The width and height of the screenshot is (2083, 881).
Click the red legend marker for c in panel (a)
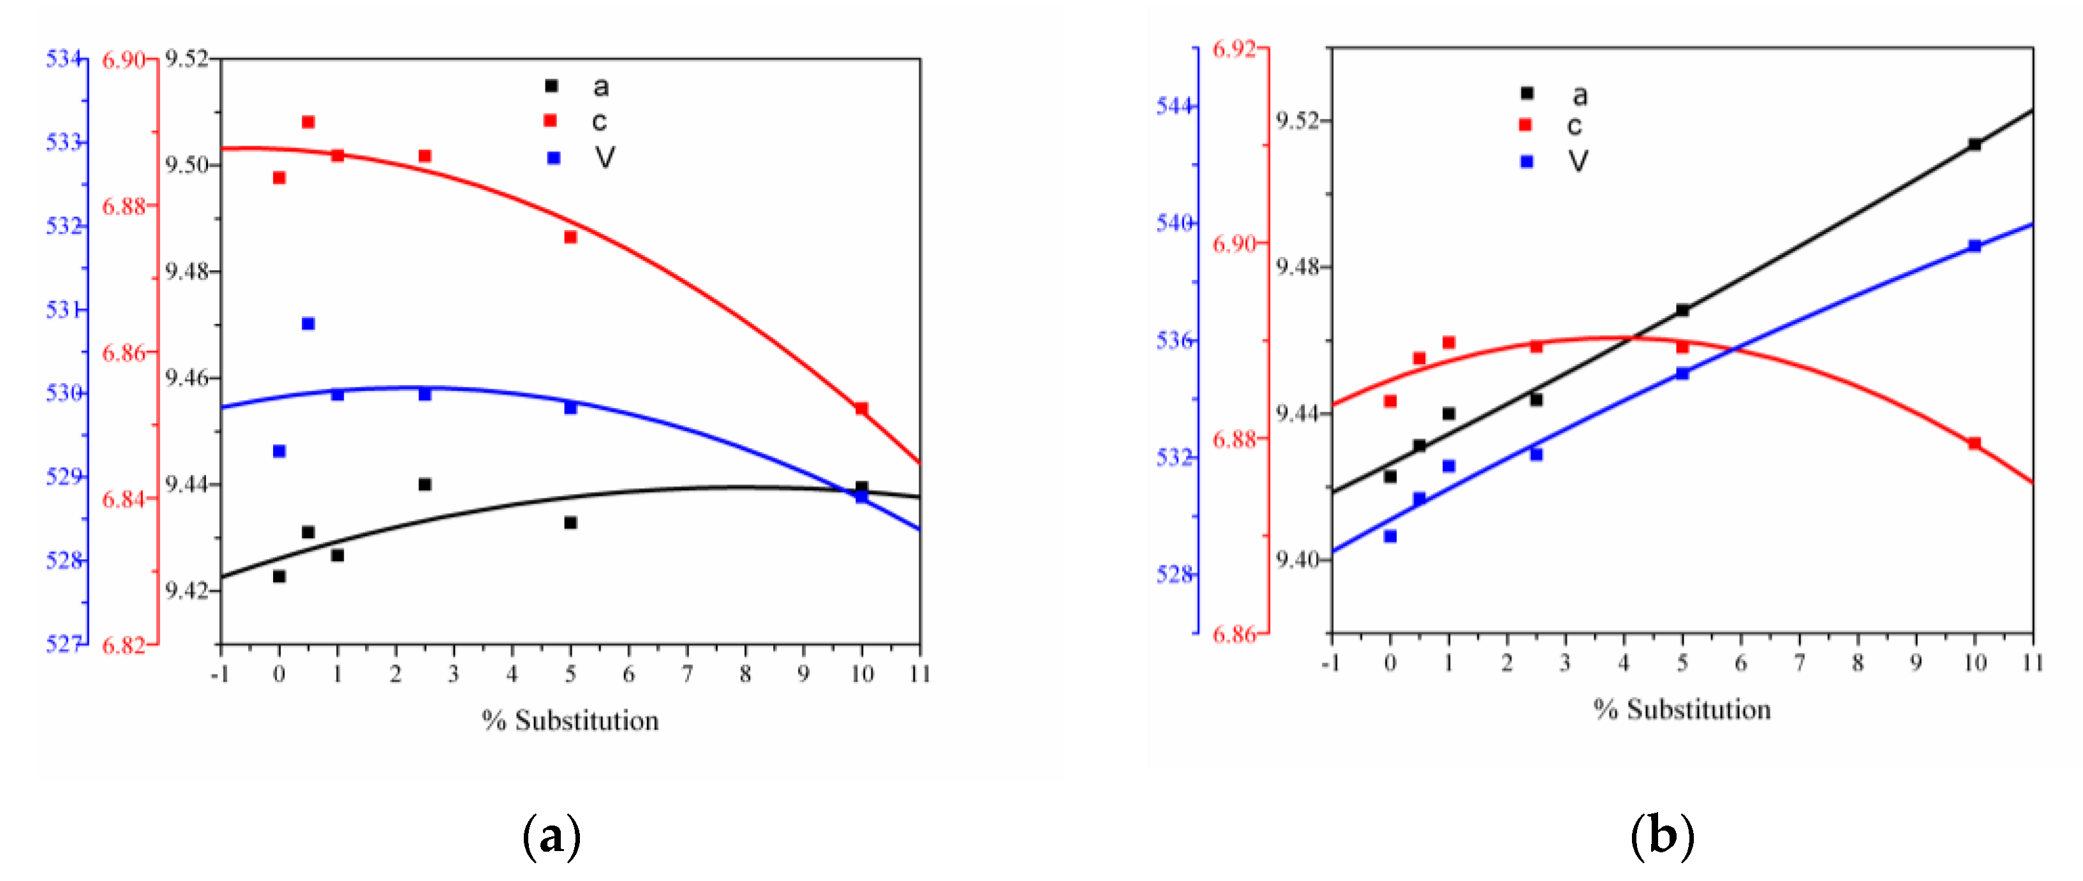(x=550, y=120)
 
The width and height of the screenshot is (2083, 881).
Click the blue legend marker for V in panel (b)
(x=1527, y=162)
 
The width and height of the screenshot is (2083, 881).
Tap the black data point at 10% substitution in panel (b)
(x=1975, y=145)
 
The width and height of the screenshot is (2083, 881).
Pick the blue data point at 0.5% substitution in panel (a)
(x=308, y=323)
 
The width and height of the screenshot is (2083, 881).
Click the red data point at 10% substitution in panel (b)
(x=1975, y=443)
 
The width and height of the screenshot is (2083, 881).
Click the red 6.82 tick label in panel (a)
(x=123, y=645)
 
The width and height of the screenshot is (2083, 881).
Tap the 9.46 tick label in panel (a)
(x=186, y=377)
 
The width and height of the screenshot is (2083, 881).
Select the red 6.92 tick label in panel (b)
(x=1234, y=49)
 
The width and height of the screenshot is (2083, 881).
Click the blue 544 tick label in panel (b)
(x=1174, y=106)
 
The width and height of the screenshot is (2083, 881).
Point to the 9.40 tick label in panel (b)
(x=1297, y=559)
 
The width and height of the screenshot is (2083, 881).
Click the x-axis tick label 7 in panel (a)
(x=686, y=673)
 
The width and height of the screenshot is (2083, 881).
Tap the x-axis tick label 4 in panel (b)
(x=1624, y=663)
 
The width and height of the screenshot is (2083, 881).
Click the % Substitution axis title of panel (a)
(x=570, y=720)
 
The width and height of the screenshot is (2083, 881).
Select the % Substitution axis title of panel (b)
(x=1682, y=710)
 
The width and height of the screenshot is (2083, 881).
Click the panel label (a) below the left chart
(x=552, y=836)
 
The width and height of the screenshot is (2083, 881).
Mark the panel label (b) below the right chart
(x=1663, y=835)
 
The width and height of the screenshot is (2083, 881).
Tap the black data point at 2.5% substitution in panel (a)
(x=424, y=484)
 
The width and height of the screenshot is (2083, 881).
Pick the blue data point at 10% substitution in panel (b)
(x=1975, y=245)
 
